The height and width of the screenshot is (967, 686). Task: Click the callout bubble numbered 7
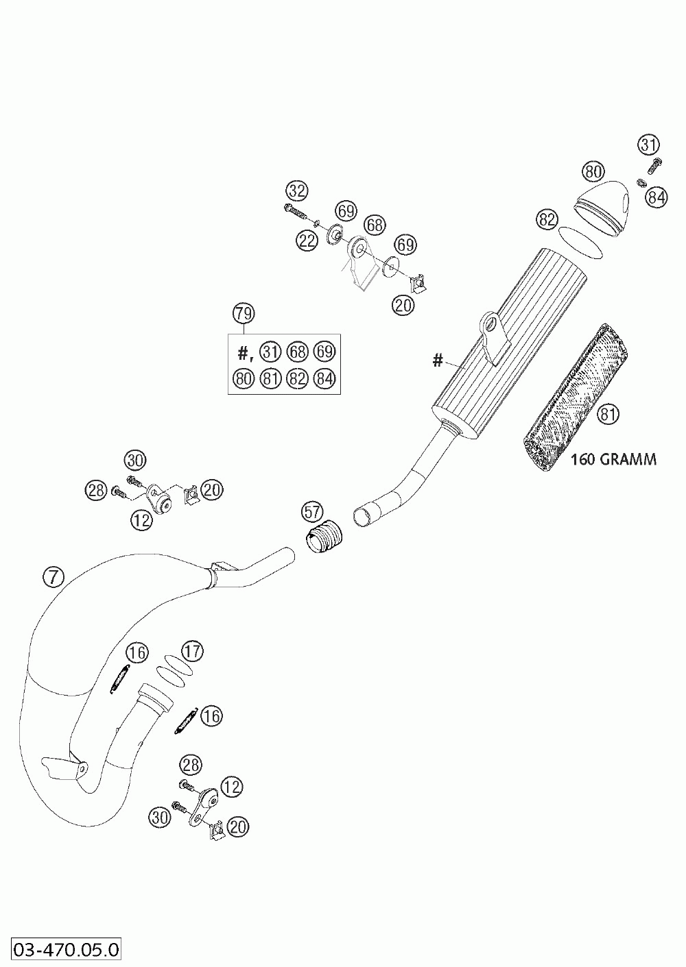pos(53,578)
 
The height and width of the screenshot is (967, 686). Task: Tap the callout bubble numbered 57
pos(313,511)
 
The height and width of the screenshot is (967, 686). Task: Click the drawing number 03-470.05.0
pos(62,950)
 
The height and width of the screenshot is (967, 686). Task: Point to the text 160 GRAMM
pos(613,459)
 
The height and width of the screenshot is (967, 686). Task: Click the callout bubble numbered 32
pos(297,190)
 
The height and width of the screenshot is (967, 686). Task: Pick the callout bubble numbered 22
pos(307,239)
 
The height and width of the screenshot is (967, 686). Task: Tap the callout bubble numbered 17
pos(193,651)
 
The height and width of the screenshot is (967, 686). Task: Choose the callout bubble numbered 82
pos(547,220)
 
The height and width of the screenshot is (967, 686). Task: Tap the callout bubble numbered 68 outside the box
pos(375,224)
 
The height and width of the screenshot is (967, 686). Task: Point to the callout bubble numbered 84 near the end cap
pos(657,197)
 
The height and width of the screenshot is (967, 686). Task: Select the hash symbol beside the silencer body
pos(438,359)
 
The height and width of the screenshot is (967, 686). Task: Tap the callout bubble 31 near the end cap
pos(648,145)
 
